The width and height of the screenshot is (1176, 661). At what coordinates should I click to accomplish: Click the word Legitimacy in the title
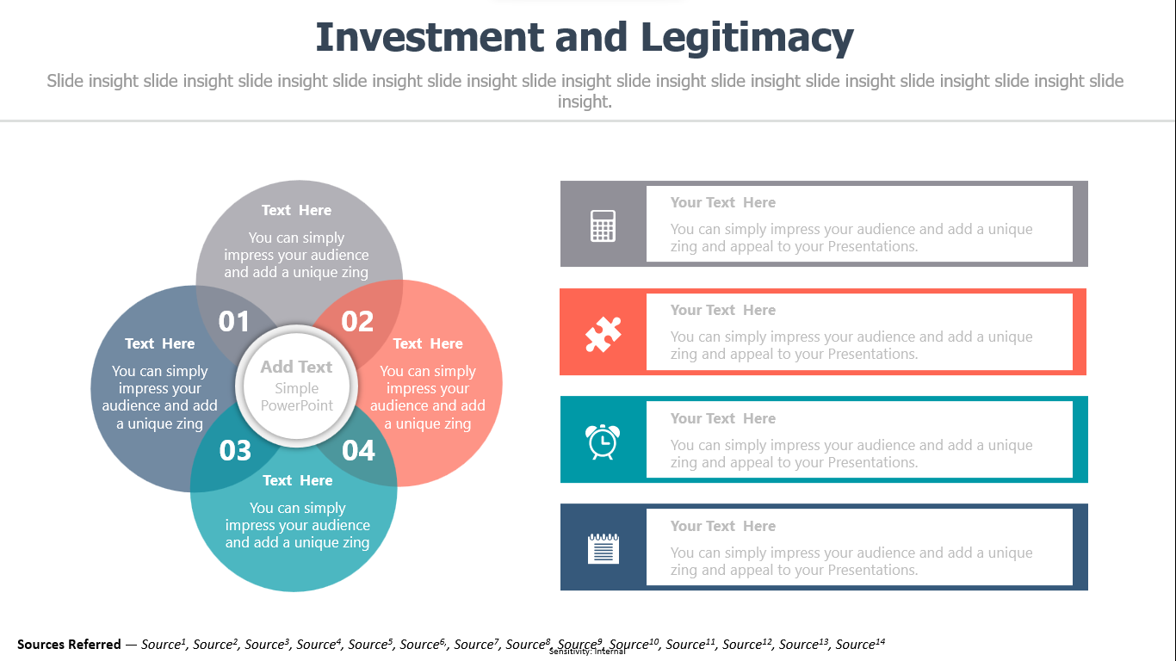[747, 39]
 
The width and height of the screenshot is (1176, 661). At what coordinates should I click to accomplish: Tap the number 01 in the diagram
[233, 321]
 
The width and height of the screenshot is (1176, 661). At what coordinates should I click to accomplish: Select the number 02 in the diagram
[357, 321]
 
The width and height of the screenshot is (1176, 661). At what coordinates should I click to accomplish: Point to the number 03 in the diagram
[235, 450]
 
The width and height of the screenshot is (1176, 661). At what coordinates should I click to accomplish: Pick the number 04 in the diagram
[359, 450]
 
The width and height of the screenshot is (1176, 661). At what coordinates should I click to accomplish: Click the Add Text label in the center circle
[297, 367]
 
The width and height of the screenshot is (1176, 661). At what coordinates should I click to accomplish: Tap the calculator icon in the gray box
[603, 225]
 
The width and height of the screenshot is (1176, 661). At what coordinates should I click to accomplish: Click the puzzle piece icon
[603, 334]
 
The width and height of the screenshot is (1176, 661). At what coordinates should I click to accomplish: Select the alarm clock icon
[603, 442]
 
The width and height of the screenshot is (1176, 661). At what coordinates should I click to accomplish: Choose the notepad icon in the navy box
[603, 548]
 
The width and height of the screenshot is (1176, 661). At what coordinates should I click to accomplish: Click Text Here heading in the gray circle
[297, 210]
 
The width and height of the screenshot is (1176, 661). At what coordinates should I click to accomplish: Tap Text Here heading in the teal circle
[298, 480]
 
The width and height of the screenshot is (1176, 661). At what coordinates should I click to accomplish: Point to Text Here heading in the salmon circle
[428, 343]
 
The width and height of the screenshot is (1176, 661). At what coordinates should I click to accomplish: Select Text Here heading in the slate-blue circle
[159, 343]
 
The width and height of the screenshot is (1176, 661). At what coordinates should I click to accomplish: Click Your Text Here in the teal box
[723, 418]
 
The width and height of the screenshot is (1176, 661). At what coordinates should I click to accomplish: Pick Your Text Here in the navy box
[723, 526]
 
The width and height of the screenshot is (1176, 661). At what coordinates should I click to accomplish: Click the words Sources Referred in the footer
[69, 644]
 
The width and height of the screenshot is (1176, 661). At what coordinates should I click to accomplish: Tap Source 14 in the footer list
[860, 644]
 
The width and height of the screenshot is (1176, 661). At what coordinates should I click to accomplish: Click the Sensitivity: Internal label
[587, 652]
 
